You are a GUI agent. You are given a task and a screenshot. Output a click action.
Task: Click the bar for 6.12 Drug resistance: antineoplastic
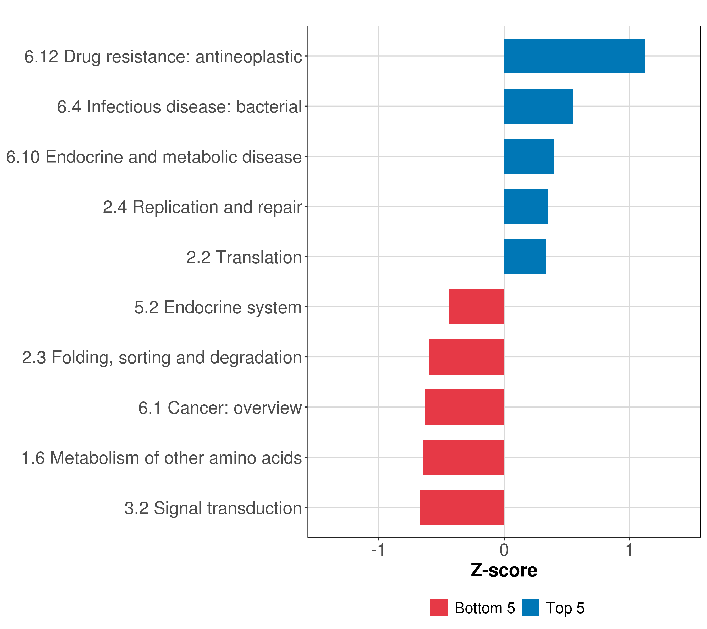(x=575, y=56)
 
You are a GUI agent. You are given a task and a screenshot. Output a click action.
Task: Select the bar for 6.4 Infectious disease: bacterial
(x=539, y=106)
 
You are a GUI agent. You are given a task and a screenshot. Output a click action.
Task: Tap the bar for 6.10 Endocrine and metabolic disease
(x=528, y=156)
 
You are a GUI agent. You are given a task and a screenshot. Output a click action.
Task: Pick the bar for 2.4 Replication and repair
(x=526, y=207)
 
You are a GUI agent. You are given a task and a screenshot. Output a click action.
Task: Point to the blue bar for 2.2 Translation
(x=525, y=257)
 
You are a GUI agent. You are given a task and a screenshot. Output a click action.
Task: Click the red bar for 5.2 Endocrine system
(x=476, y=307)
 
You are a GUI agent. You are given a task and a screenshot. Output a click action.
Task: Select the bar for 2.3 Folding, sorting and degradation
(x=466, y=357)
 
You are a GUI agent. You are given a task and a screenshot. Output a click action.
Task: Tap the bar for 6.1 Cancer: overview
(x=465, y=407)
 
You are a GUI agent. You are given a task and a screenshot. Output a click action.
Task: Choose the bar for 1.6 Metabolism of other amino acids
(x=463, y=457)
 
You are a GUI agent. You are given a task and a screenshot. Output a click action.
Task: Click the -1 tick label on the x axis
(x=378, y=550)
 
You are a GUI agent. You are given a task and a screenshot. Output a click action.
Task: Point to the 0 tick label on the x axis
(x=504, y=550)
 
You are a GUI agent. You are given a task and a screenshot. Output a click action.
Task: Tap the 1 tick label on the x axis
(x=629, y=550)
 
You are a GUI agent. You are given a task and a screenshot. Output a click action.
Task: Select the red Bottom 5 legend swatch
(x=439, y=608)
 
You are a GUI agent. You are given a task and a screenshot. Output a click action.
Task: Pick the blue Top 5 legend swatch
(x=531, y=608)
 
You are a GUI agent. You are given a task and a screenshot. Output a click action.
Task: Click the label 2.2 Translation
(x=244, y=257)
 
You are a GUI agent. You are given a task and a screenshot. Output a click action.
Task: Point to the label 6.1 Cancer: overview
(x=220, y=408)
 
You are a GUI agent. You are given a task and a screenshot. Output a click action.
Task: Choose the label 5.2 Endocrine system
(x=218, y=307)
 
